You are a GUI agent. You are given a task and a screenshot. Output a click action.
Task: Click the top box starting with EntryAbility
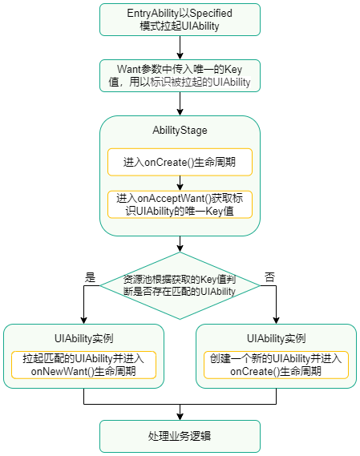tap(180, 19)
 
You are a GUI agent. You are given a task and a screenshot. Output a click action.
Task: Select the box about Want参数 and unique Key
tap(180, 75)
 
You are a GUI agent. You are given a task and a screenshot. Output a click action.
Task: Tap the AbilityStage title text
tap(180, 130)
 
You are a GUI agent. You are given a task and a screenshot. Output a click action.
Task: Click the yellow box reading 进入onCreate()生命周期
tap(180, 162)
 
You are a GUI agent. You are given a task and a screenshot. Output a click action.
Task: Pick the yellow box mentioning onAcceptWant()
tap(180, 204)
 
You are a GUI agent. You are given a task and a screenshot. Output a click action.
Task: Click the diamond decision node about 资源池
tap(180, 285)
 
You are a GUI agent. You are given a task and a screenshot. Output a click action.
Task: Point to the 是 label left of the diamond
tap(90, 276)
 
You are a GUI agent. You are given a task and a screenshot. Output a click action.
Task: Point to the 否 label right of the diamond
tap(269, 276)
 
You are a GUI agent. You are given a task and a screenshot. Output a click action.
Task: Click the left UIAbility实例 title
tap(83, 337)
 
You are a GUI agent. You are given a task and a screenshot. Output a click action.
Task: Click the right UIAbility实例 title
tap(276, 337)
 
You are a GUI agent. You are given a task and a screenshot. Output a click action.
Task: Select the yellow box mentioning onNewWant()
tap(83, 365)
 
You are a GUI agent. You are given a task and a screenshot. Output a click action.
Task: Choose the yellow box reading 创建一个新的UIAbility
tap(276, 365)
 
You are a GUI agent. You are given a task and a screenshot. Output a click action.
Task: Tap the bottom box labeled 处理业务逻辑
tap(180, 436)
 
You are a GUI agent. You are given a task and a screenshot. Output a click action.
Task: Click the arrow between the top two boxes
tap(180, 47)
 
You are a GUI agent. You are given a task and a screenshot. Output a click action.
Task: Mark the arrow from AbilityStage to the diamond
tap(180, 244)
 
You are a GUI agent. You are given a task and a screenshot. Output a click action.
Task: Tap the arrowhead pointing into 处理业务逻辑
tap(180, 415)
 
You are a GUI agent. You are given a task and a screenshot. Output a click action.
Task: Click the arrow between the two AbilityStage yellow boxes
tap(180, 183)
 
